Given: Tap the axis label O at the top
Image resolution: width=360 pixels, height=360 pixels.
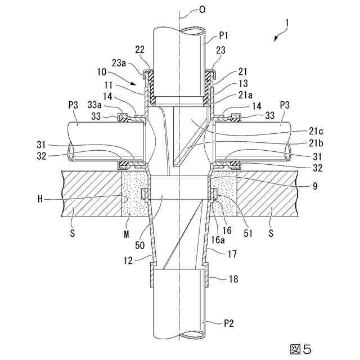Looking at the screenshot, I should click(193, 10).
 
